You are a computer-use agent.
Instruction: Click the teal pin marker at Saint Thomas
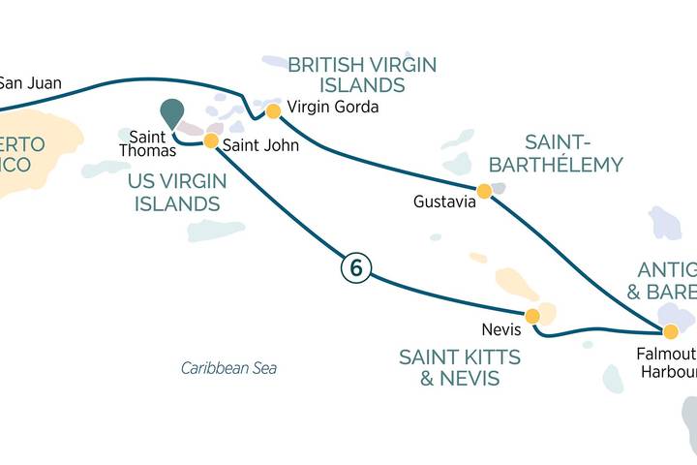pyautogui.click(x=171, y=112)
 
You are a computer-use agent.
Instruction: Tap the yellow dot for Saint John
pyautogui.click(x=210, y=140)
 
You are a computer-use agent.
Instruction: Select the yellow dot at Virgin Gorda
pyautogui.click(x=273, y=111)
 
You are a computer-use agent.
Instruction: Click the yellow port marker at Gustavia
pyautogui.click(x=484, y=191)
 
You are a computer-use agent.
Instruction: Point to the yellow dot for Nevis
pyautogui.click(x=531, y=316)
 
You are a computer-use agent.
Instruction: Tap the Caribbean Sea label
pyautogui.click(x=228, y=368)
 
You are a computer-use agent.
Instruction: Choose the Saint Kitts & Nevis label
pyautogui.click(x=459, y=367)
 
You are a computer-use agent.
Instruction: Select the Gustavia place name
pyautogui.click(x=444, y=202)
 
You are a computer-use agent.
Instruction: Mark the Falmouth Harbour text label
pyautogui.click(x=668, y=364)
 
